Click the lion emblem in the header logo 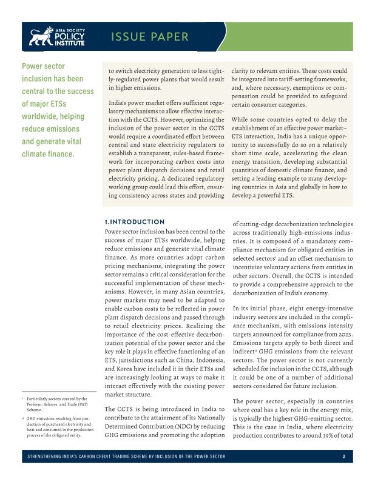tap(41, 38)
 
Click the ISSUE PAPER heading tap(149, 37)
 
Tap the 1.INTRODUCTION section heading tap(135, 222)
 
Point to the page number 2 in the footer tap(343, 457)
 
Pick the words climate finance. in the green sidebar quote tap(48, 153)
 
